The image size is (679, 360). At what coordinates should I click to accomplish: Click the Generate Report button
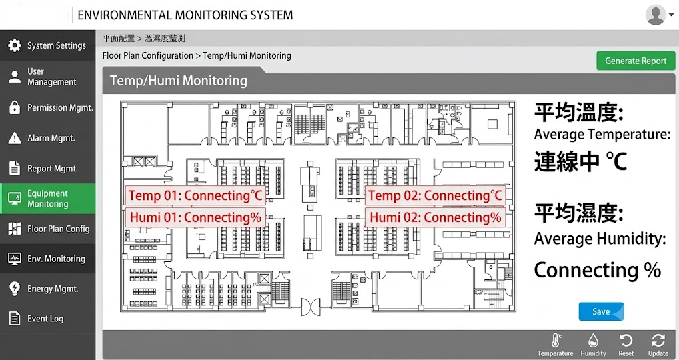coord(636,61)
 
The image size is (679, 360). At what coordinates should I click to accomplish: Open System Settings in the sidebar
coord(47,45)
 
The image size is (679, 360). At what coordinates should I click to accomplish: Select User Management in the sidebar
coord(47,77)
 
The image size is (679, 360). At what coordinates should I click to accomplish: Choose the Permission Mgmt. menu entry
coord(47,107)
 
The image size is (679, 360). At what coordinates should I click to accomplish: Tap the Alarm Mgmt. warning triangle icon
coord(15,138)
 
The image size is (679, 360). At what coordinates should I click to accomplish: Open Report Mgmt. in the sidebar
coord(47,168)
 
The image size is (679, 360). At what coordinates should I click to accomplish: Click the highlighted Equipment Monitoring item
coord(47,199)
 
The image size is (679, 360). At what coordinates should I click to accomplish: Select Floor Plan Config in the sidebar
coord(47,229)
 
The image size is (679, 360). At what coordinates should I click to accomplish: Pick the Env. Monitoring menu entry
coord(47,259)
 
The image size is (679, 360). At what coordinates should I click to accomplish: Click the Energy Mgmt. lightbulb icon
coord(15,289)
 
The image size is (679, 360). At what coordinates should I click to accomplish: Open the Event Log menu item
coord(47,319)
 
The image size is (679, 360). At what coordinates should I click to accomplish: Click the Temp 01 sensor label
coord(195,195)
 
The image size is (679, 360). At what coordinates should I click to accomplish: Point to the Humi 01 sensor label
coord(195,217)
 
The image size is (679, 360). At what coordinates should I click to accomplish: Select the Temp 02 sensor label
coord(435,195)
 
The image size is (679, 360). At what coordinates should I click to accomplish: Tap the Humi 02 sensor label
coord(435,217)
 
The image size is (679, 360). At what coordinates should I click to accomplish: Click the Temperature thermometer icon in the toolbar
coord(556,341)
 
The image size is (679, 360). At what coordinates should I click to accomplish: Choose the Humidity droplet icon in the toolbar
coord(593,341)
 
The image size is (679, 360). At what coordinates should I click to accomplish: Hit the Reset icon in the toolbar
coord(626,341)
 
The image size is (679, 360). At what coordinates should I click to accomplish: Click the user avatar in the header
coord(656,15)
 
